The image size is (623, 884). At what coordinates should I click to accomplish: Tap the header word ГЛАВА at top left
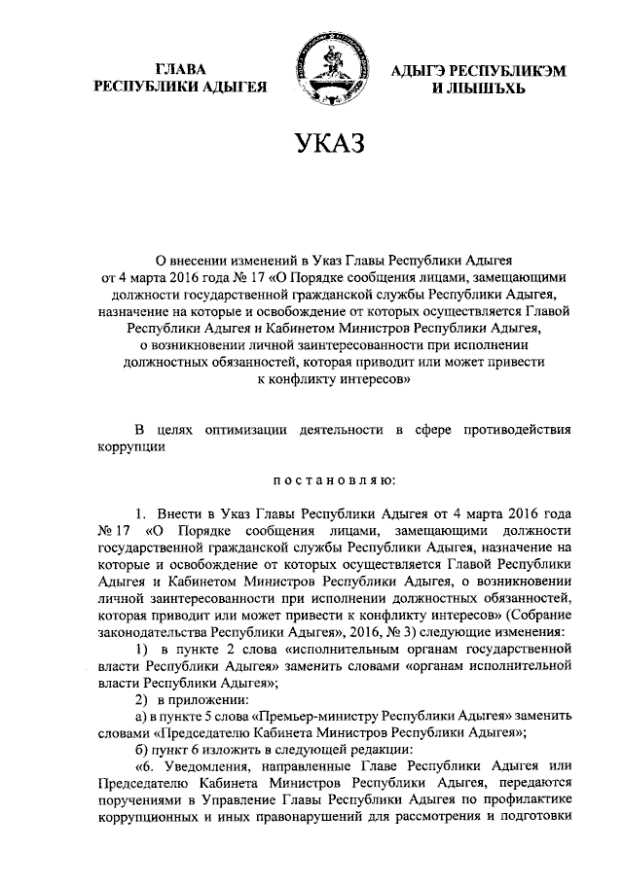pos(180,69)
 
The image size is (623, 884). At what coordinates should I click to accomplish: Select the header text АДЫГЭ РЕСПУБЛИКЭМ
pos(465,69)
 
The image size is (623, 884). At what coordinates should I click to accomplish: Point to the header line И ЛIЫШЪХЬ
pos(465,88)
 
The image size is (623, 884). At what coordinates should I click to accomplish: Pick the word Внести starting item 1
pos(181,513)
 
